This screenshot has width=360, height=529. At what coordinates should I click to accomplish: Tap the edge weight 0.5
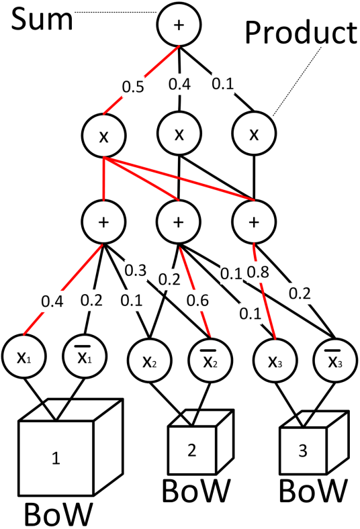point(132,87)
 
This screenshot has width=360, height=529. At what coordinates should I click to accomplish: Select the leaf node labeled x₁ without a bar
point(24,356)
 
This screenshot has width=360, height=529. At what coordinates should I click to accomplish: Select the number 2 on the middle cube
point(191,452)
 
